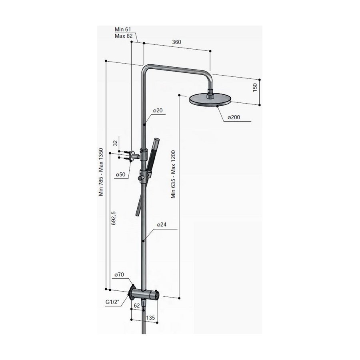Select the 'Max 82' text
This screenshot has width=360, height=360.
click(x=123, y=36)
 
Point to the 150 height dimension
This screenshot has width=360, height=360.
click(x=255, y=88)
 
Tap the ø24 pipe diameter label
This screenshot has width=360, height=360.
click(x=161, y=225)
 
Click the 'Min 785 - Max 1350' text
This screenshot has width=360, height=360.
click(x=101, y=172)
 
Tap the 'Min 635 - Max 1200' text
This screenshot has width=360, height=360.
click(x=174, y=174)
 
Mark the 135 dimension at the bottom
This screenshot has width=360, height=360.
click(x=151, y=318)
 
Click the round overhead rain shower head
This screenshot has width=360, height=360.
click(x=209, y=99)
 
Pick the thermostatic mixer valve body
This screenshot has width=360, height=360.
click(x=146, y=295)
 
